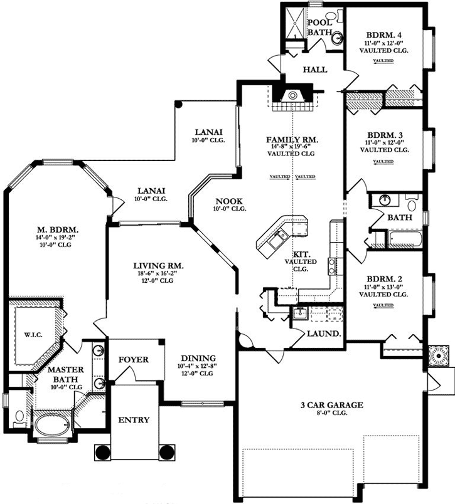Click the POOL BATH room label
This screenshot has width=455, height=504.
pyautogui.click(x=319, y=28)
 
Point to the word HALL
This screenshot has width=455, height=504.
pyautogui.click(x=315, y=69)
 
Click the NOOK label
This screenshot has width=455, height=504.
pyautogui.click(x=225, y=201)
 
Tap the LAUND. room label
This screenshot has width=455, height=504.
pyautogui.click(x=323, y=333)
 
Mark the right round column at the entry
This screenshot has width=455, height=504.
pyautogui.click(x=167, y=451)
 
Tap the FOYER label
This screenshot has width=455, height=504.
pyautogui.click(x=133, y=360)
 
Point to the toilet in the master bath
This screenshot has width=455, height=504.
pyautogui.click(x=19, y=415)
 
